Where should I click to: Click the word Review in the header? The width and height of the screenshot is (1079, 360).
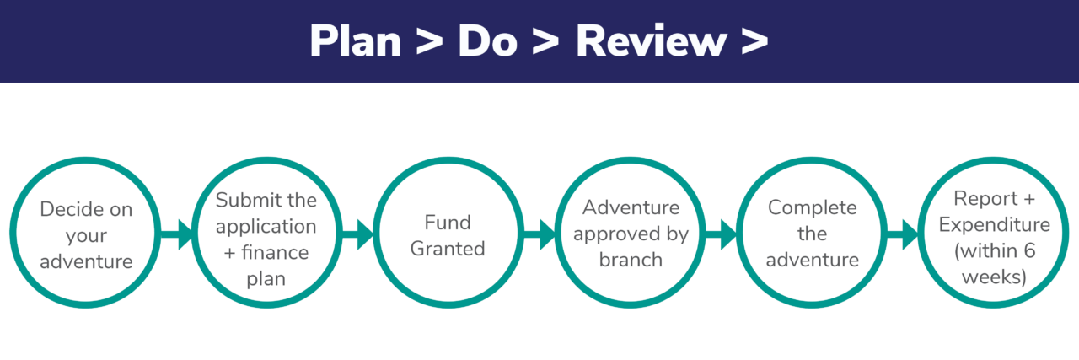[650, 40]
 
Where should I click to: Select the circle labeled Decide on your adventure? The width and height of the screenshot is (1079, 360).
[86, 234]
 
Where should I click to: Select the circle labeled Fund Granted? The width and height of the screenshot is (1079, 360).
[448, 234]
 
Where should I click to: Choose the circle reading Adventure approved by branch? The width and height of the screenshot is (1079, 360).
[631, 234]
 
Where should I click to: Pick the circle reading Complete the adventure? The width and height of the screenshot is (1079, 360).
[812, 234]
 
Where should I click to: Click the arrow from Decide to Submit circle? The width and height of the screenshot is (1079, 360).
[177, 234]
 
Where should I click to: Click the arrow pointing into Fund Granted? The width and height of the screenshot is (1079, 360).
[358, 234]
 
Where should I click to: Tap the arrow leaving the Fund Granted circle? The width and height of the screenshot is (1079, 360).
[539, 234]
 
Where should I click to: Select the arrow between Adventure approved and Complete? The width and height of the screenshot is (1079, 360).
[722, 234]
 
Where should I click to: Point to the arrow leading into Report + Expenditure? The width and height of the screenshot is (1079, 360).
[903, 234]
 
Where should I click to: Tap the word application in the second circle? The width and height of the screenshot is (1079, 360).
[266, 227]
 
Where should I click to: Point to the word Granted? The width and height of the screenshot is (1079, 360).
[448, 248]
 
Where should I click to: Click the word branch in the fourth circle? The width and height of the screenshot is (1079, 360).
[631, 260]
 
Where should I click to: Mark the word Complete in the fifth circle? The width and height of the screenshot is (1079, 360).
[812, 207]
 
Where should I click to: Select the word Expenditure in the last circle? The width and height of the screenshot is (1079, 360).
[994, 225]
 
